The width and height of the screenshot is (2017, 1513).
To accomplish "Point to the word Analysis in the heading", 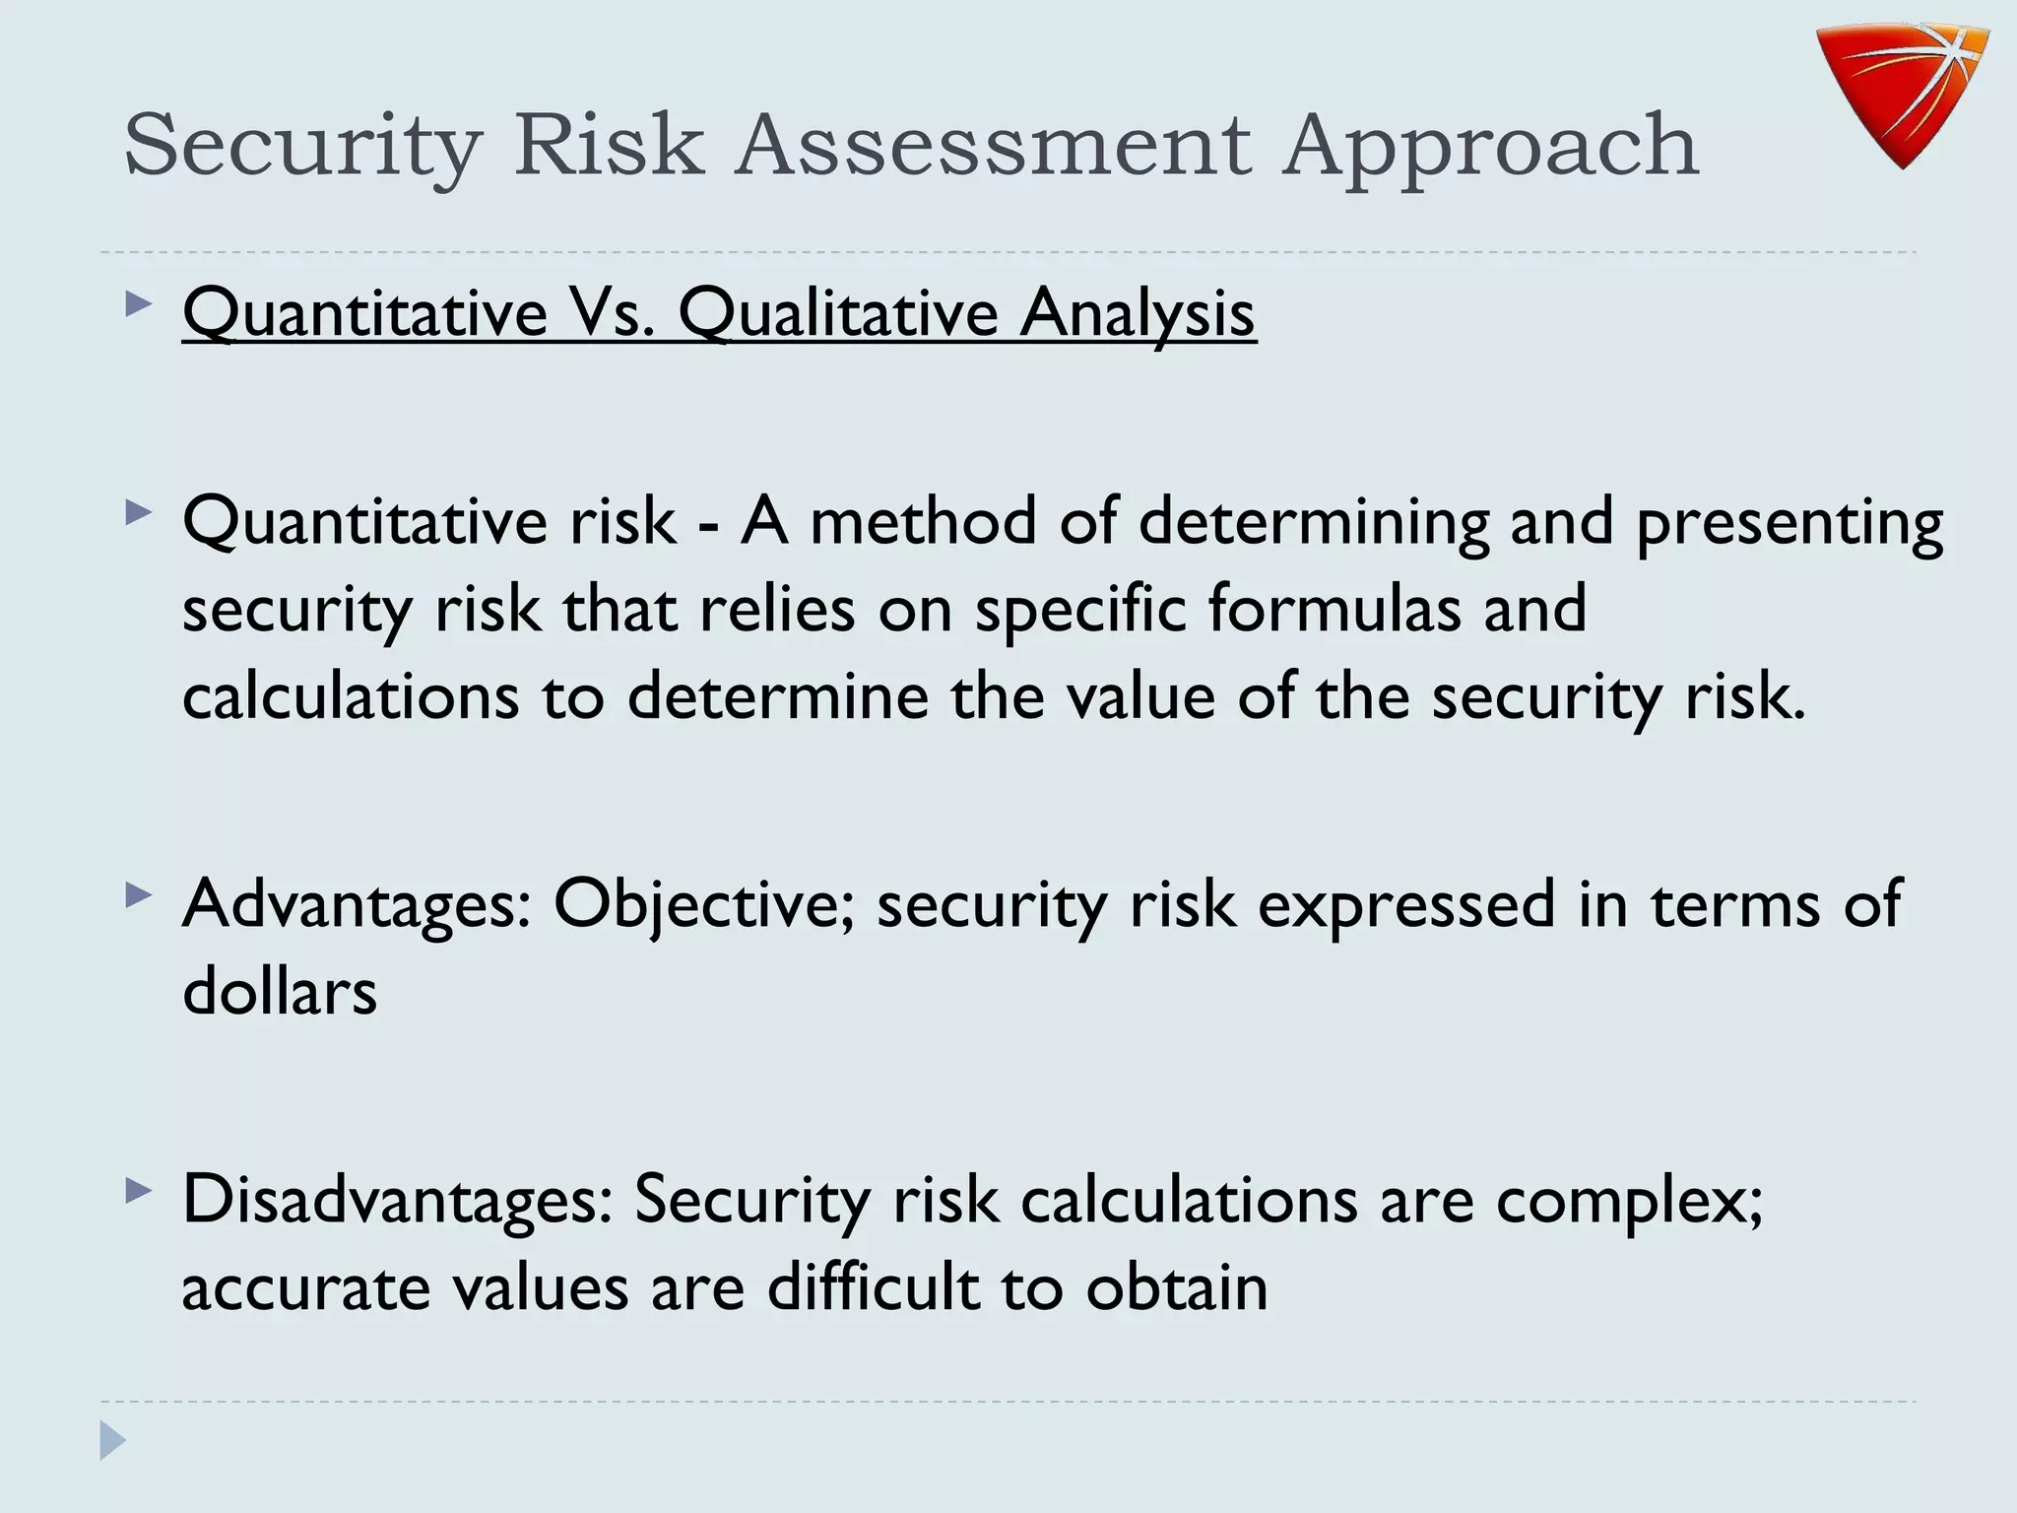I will (1138, 315).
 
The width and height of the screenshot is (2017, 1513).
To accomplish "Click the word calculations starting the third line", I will (351, 695).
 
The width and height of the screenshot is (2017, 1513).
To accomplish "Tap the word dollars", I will (280, 991).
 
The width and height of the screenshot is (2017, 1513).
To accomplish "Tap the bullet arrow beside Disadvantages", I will (139, 1193).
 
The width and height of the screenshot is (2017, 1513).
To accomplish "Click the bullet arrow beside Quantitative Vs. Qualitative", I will (139, 304).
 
